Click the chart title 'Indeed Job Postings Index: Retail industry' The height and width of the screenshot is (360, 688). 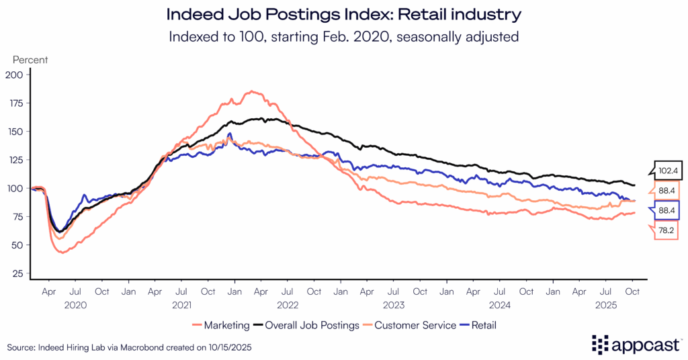coord(343,13)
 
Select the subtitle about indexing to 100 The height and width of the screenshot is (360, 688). coord(343,36)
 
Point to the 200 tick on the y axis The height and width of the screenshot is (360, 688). coord(15,75)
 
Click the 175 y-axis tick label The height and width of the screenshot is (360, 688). coord(15,103)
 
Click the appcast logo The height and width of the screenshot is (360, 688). coord(634,345)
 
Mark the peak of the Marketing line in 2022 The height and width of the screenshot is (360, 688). coord(251,91)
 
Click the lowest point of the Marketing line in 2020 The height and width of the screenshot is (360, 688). coord(62,253)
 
